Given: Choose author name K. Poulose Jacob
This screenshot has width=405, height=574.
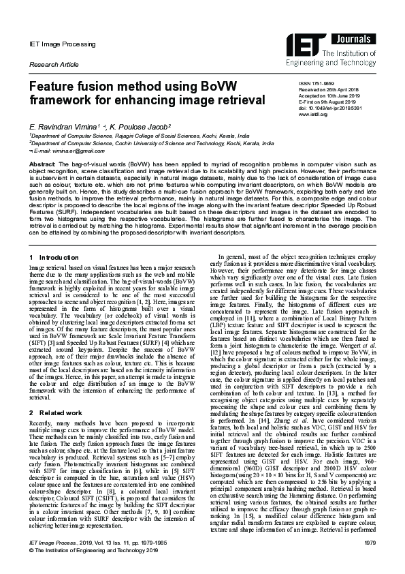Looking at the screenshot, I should (142, 127).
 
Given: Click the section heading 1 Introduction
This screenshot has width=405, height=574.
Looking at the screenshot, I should (54, 257).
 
